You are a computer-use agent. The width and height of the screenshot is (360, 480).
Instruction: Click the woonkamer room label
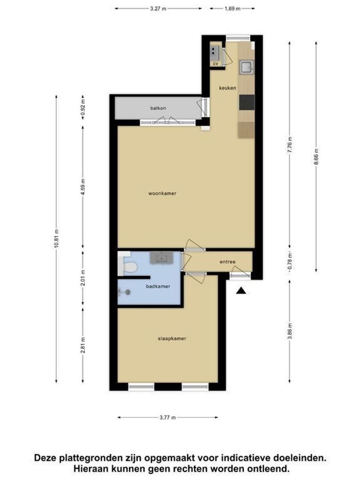(162, 193)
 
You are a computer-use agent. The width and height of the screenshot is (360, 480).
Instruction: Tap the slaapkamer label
(172, 339)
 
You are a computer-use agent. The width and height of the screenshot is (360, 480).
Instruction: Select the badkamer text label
(158, 287)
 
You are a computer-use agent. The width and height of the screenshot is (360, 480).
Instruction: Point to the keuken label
(228, 88)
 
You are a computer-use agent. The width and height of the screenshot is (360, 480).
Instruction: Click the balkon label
(158, 108)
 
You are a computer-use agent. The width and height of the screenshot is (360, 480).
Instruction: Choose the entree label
(228, 262)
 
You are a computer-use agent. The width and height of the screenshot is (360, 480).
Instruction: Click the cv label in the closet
(216, 64)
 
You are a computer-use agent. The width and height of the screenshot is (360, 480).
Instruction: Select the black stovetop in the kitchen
(247, 102)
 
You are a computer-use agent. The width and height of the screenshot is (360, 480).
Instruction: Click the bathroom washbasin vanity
(161, 258)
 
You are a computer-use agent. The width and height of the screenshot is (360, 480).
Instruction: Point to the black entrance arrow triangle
(241, 291)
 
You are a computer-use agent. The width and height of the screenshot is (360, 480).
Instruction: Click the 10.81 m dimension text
(56, 239)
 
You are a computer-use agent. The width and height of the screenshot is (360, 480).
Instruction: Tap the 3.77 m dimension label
(168, 417)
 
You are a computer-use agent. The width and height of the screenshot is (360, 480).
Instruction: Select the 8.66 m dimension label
(316, 157)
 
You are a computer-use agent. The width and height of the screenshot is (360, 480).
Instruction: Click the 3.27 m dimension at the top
(158, 8)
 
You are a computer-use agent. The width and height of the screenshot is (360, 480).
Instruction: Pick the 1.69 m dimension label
(232, 8)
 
